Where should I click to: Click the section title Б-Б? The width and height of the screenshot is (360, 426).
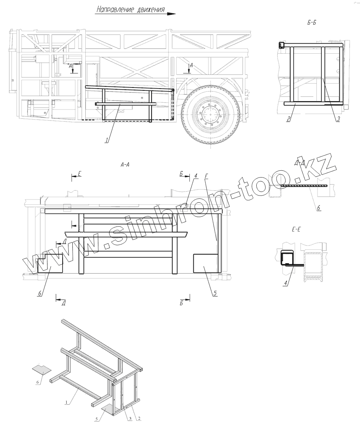click(312, 23)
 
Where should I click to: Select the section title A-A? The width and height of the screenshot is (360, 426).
click(125, 165)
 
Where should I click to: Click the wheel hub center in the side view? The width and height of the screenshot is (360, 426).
click(208, 115)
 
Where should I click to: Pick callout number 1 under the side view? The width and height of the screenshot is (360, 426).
click(107, 141)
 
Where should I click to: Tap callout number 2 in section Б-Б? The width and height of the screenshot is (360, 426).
click(288, 120)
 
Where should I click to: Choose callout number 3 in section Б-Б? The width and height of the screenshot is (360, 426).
click(338, 120)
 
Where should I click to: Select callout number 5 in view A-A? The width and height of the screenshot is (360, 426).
click(215, 293)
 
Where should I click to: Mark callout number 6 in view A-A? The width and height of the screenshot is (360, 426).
click(40, 293)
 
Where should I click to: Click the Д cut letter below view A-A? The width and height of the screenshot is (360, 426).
click(63, 304)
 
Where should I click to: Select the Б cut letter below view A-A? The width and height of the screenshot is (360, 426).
click(182, 304)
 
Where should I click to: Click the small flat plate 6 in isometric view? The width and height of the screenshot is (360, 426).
click(42, 369)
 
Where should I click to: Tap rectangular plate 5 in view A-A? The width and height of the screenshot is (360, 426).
click(206, 263)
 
